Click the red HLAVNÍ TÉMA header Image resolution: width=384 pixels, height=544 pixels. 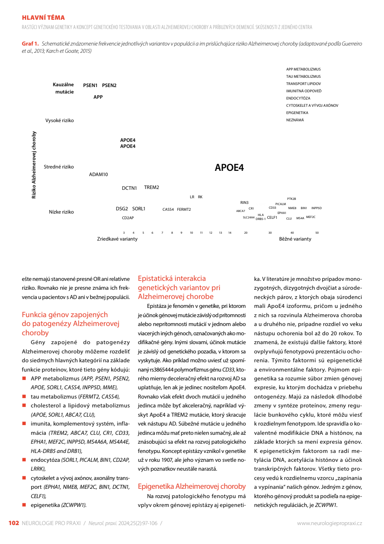43,17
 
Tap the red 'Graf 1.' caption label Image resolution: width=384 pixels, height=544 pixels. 30,44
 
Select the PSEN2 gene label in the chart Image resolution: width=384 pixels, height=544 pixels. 109,85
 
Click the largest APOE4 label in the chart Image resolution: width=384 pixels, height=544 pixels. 229,167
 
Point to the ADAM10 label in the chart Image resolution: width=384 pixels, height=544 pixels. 98,174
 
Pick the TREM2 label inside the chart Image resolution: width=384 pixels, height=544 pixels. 151,187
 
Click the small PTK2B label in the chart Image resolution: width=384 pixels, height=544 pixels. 291,199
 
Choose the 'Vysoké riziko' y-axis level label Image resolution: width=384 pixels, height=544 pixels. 60,120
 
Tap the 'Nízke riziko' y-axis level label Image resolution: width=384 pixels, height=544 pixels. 61,212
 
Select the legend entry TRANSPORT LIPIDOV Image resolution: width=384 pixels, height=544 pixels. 303,83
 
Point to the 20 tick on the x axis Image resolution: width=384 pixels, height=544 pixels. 246,233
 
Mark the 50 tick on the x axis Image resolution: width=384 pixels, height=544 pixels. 317,233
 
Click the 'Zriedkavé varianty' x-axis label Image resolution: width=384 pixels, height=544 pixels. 117,239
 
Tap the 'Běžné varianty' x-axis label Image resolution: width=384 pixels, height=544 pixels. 295,239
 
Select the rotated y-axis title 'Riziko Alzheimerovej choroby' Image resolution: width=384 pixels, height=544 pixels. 34,165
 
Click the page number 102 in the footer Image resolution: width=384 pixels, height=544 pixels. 14,523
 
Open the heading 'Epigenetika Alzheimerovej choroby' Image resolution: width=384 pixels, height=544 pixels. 192,486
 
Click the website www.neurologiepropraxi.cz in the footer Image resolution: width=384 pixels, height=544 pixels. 329,523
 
